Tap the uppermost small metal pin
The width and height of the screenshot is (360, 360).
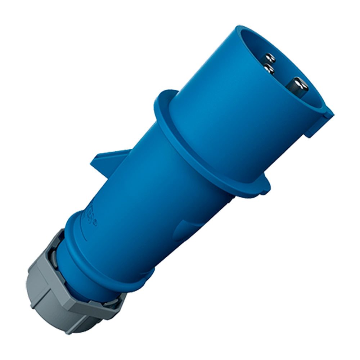pyautogui.click(x=270, y=57)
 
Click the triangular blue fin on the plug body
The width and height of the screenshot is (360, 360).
pyautogui.click(x=108, y=160)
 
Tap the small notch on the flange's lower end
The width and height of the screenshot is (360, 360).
pyautogui.click(x=265, y=187)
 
